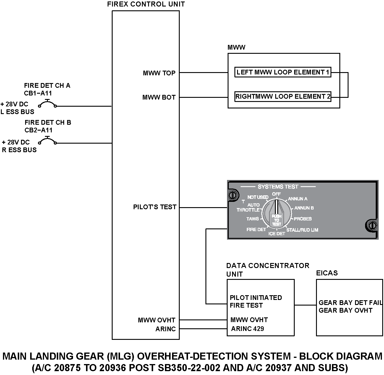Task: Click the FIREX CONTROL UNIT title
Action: [x=146, y=4]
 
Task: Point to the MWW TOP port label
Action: [x=159, y=73]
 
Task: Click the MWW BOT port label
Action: [x=159, y=97]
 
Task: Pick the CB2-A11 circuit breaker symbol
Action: [x=47, y=140]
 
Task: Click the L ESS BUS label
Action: [x=17, y=112]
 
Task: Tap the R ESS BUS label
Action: [x=19, y=150]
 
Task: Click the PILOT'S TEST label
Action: [x=155, y=207]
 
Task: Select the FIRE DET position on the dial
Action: [x=256, y=229]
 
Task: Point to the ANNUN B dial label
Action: [x=304, y=208]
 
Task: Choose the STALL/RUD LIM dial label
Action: [x=302, y=230]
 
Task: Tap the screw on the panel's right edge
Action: [x=372, y=225]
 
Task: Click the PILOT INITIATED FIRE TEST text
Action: [x=256, y=301]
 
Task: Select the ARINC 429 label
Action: [x=247, y=329]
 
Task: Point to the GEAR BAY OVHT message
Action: [x=345, y=310]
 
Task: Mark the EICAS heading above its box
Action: [x=327, y=273]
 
